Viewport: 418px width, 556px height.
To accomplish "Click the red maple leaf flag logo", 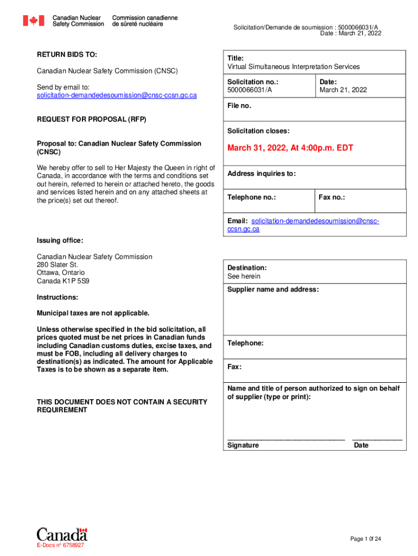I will [x=33, y=21].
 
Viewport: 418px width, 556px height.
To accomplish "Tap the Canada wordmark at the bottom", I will [x=62, y=534].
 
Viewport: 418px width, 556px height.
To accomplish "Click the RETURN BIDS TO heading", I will [x=67, y=55].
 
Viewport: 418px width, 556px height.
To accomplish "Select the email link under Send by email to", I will [x=117, y=95].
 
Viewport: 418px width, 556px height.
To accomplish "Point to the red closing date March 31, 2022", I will [x=290, y=148].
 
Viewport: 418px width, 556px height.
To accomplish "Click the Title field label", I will [x=236, y=58].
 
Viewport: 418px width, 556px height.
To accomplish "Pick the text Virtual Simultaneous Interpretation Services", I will [x=293, y=67].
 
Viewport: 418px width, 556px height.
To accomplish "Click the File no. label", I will [x=239, y=106].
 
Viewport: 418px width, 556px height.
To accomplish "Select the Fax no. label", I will [x=332, y=197].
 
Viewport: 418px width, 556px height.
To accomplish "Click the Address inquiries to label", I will [x=262, y=174].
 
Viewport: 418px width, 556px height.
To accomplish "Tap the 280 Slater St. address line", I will [x=58, y=264].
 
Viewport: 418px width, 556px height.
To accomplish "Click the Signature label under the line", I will [x=243, y=445].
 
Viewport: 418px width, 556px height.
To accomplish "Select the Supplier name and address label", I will [x=273, y=289].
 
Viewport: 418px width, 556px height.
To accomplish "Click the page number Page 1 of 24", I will [x=365, y=539].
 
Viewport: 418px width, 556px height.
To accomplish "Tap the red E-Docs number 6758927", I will [x=60, y=545].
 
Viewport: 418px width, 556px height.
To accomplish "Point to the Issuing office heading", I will [x=60, y=241].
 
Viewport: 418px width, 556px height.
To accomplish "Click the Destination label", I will [x=247, y=268].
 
